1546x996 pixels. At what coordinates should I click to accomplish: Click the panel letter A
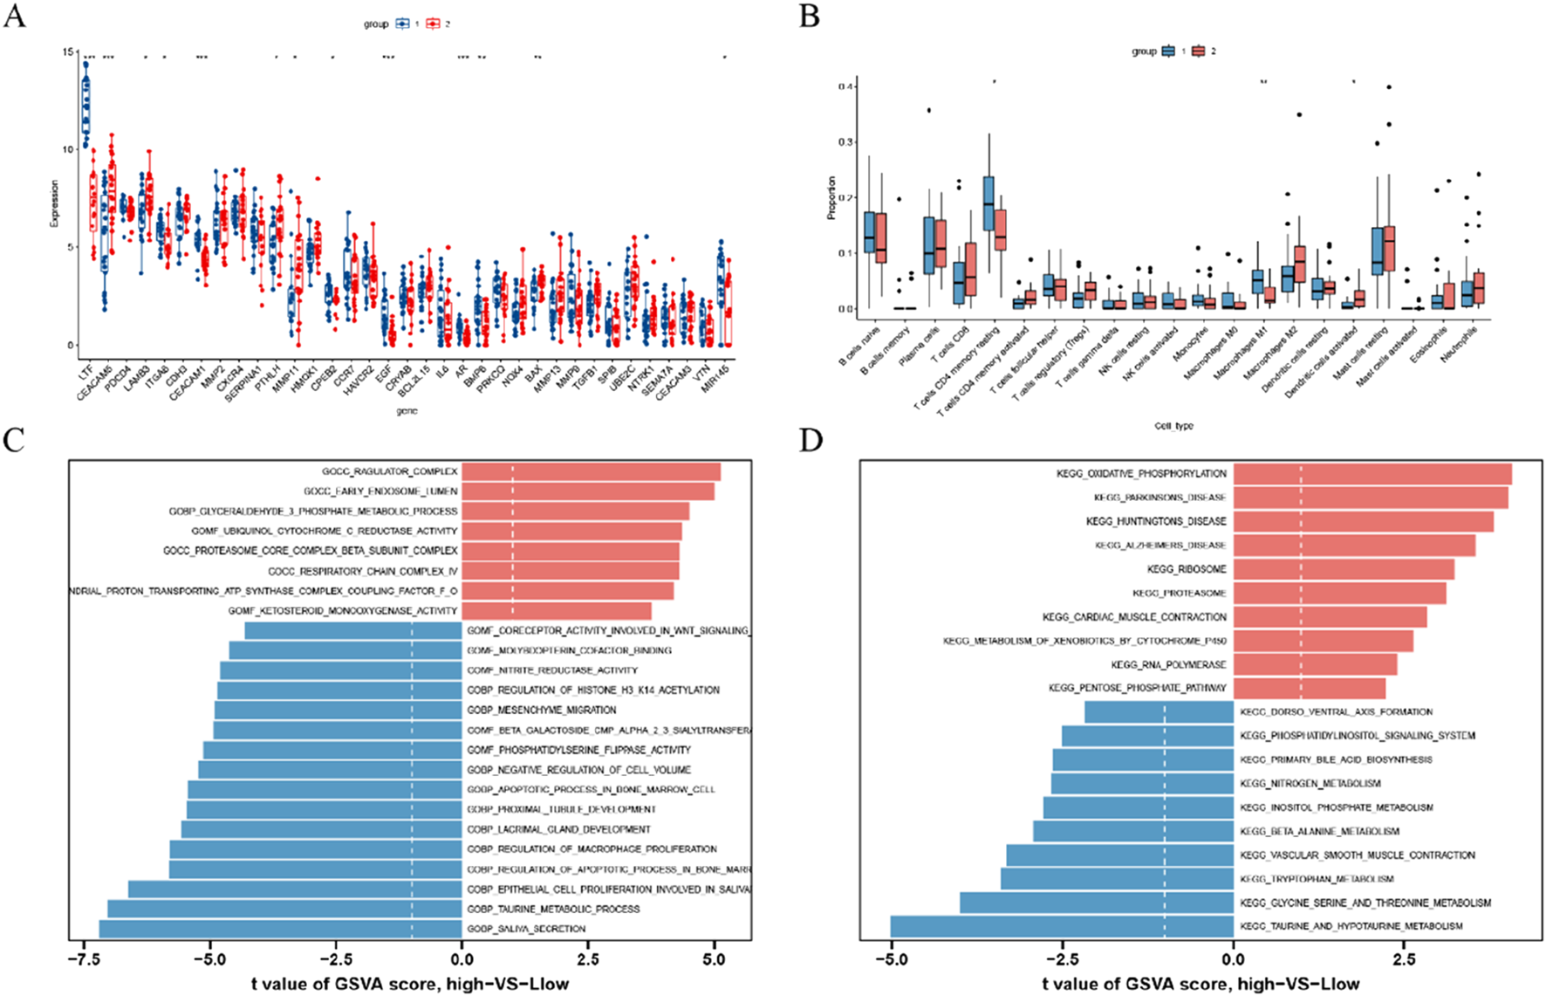pos(14,16)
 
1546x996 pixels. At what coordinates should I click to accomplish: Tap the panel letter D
pos(811,439)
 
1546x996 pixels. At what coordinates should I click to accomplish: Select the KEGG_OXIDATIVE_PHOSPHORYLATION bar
pos(1372,474)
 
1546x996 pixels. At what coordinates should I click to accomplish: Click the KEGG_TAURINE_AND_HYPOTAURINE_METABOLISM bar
pos(1061,926)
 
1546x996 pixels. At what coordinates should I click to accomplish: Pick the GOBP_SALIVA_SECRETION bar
pos(280,929)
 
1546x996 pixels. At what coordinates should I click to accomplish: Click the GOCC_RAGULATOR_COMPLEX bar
pos(591,471)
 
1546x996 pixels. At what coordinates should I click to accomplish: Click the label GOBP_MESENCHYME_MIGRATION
pos(542,710)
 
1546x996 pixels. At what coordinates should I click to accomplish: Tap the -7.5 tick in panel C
pos(84,959)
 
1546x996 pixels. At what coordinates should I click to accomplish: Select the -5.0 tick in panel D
pos(891,959)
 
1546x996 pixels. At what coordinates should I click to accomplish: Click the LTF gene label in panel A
pos(86,372)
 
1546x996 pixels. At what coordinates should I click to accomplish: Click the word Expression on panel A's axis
pos(55,203)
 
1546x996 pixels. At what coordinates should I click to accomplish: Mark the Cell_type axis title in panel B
pos(1173,426)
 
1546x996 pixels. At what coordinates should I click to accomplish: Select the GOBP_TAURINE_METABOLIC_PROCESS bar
pos(284,909)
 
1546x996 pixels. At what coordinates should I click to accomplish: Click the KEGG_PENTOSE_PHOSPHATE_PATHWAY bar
pos(1309,688)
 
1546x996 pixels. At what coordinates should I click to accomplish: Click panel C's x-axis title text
pos(410,984)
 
